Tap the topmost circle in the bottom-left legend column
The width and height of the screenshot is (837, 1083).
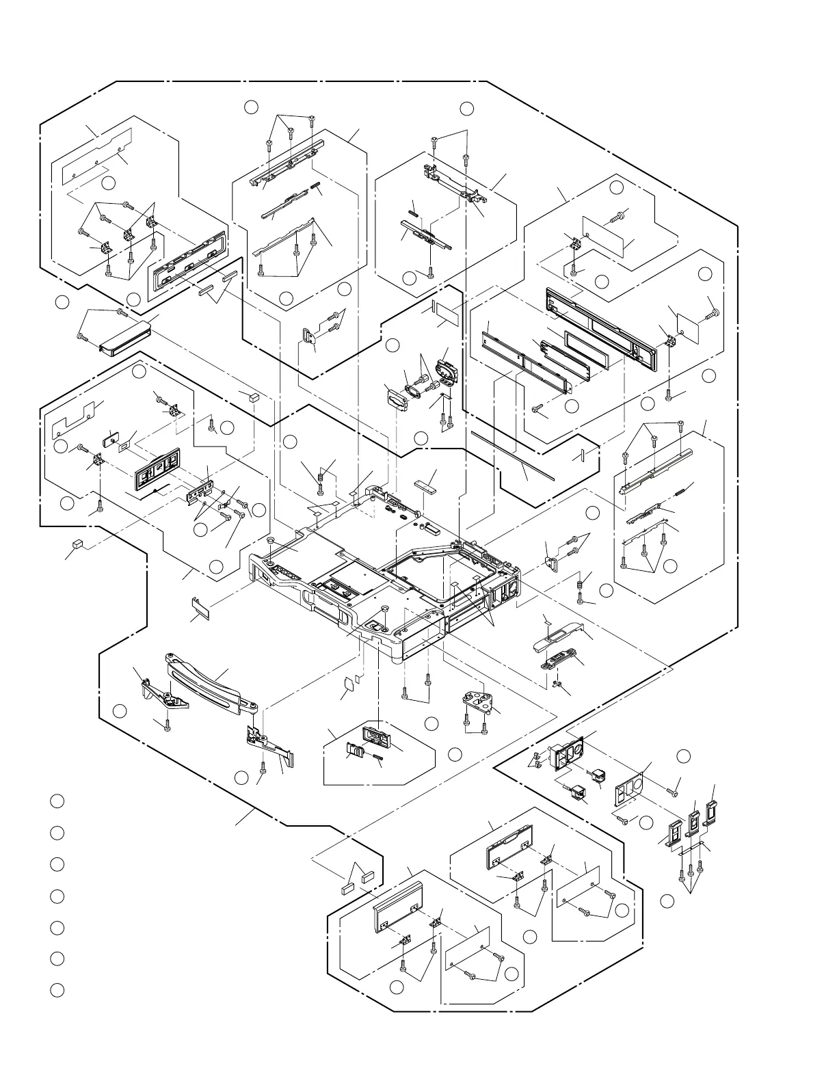pos(57,801)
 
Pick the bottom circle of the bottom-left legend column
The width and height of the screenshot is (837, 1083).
pos(57,989)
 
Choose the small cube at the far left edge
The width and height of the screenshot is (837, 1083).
pos(77,544)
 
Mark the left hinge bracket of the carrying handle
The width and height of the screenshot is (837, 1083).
pos(163,693)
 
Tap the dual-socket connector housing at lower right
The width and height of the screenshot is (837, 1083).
pos(568,752)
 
